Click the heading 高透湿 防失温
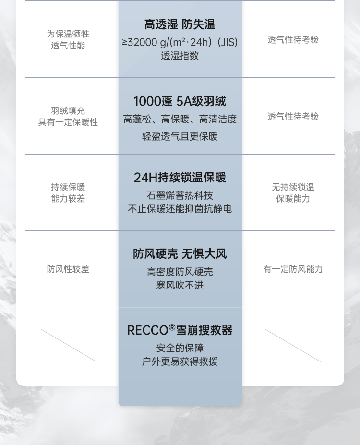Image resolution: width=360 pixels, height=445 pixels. (x=180, y=24)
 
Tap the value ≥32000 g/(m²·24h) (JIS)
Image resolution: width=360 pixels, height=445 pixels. (x=180, y=42)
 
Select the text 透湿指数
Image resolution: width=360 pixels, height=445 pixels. (x=180, y=56)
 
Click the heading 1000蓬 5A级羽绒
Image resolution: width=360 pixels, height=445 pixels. (x=180, y=101)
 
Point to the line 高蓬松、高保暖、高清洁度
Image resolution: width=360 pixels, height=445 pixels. (x=180, y=119)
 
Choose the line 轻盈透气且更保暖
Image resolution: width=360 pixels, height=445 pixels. (x=180, y=136)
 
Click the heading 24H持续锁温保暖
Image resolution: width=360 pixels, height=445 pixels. (x=180, y=178)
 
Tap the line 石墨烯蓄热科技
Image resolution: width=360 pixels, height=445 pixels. (x=180, y=195)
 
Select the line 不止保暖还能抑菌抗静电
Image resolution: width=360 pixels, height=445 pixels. (x=180, y=209)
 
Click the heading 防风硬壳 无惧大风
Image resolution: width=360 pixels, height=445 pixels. (x=180, y=254)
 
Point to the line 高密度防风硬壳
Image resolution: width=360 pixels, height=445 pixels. (x=180, y=272)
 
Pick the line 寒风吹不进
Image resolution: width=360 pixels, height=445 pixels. (x=180, y=285)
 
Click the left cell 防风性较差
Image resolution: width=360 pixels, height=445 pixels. (x=68, y=269)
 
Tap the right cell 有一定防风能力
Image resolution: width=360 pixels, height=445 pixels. (x=293, y=269)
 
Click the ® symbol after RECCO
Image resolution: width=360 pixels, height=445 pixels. (x=172, y=327)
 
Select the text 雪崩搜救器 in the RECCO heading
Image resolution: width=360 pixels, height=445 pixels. (x=204, y=330)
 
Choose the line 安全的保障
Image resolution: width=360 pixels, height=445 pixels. (x=180, y=348)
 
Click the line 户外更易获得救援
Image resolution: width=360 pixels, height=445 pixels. (x=180, y=361)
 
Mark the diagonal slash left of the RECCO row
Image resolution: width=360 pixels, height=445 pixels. (x=69, y=345)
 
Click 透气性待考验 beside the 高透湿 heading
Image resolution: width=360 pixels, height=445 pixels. (x=293, y=40)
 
